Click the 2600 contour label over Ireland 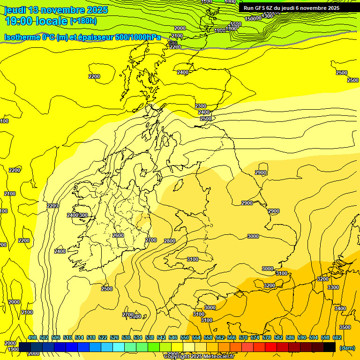point(118,235)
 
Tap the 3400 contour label point(340,308)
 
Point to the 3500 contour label point(345,327)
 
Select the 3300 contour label point(333,287)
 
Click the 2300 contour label point(201,106)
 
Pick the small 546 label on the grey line point(173,43)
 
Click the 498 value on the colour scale point(32,337)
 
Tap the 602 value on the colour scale point(337,337)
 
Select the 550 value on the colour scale point(185,337)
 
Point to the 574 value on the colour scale point(255,337)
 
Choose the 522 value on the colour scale point(103,337)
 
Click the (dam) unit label point(347,347)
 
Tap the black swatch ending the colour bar point(330,347)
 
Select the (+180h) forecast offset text point(83,21)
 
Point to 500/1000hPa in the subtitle point(138,37)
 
